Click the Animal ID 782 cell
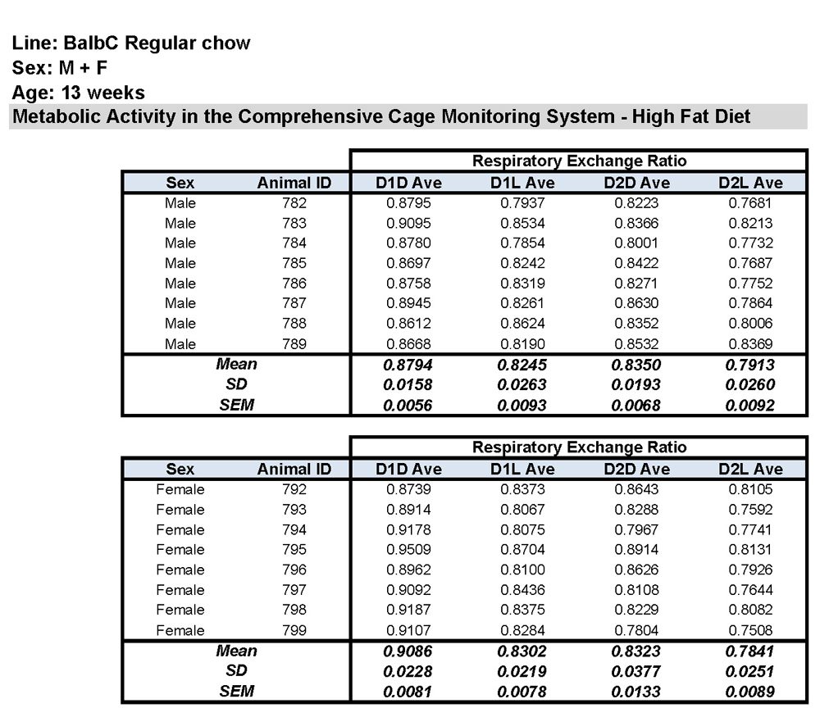(294, 203)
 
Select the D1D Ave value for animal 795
(408, 550)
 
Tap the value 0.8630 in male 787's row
(637, 303)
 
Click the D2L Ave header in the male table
(750, 183)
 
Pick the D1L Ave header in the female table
(522, 470)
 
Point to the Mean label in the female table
(236, 651)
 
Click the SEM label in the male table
(236, 405)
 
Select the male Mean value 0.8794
(408, 365)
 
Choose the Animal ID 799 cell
(294, 630)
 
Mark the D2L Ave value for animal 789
(750, 344)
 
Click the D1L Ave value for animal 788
(522, 324)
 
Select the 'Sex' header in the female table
(180, 470)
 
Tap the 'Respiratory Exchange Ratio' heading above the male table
(579, 161)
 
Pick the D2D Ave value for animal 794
(637, 529)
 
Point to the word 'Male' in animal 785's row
(180, 263)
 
